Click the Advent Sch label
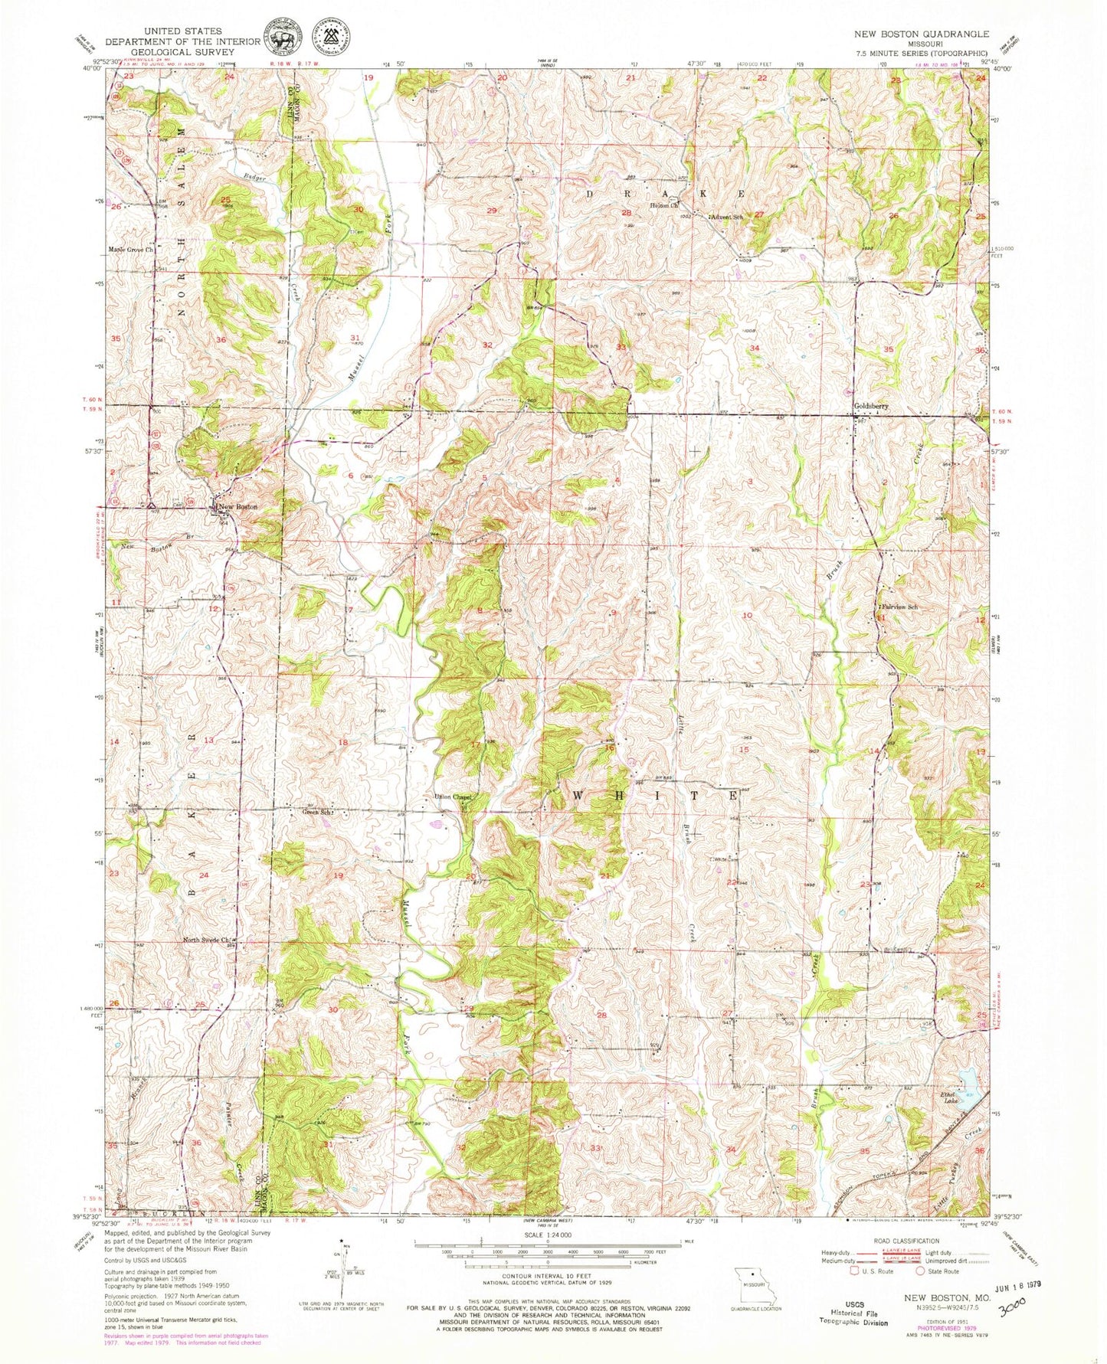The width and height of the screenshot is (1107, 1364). coord(727,217)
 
